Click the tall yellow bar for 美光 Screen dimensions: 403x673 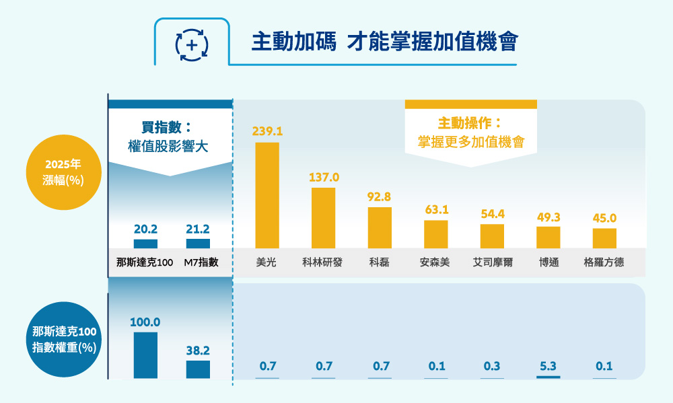pos(267,195)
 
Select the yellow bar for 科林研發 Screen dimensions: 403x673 pos(323,218)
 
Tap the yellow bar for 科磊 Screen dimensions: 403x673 pos(380,227)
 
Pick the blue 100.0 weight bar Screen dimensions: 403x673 pos(145,355)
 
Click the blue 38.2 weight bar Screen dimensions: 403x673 pos(198,369)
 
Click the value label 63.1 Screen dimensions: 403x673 pos(436,210)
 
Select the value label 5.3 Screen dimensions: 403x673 pos(548,366)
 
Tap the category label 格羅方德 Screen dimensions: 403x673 pos(604,262)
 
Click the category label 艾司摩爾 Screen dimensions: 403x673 pos(492,262)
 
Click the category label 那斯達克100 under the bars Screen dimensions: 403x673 pos(145,262)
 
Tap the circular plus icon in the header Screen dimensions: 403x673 pos(192,45)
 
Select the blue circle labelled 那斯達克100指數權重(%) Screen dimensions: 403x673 pos(65,340)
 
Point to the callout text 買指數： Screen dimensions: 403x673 pos(167,127)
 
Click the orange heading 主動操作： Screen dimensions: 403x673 pos(470,124)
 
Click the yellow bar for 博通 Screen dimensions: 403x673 pos(548,237)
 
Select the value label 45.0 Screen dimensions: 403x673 pos(604,218)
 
